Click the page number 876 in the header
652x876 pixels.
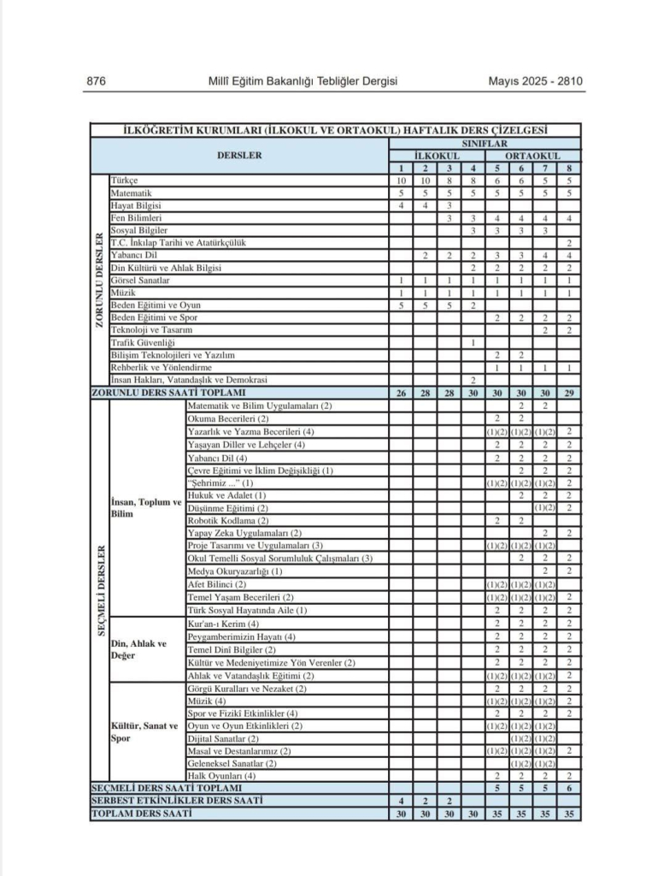(96, 81)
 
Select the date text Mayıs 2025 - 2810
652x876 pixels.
(535, 81)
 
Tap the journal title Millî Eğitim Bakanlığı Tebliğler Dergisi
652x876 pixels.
(303, 81)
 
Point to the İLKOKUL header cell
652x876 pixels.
(438, 157)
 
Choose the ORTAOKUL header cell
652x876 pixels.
(532, 157)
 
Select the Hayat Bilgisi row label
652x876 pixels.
(136, 206)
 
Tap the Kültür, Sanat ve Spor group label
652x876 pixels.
(145, 732)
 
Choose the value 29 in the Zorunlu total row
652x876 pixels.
(568, 392)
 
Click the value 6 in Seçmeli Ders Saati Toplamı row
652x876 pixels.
(568, 788)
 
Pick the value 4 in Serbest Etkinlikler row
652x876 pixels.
(401, 801)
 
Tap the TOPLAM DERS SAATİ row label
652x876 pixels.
(142, 814)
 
